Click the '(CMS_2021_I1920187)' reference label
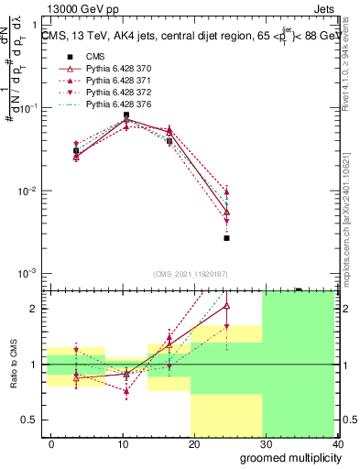(x=191, y=273)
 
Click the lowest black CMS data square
(x=226, y=238)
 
